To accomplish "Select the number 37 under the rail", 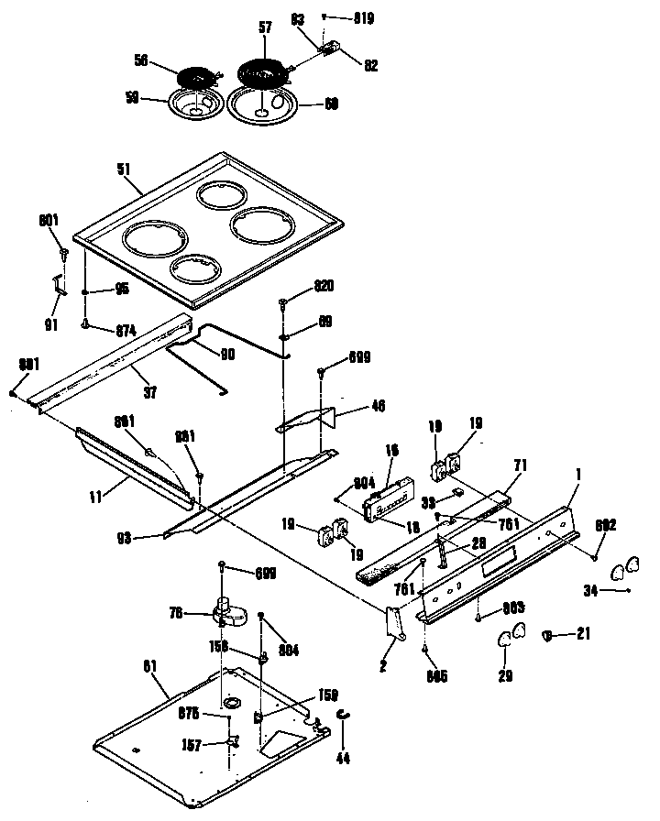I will tap(149, 392).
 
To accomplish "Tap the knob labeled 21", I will tap(548, 633).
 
